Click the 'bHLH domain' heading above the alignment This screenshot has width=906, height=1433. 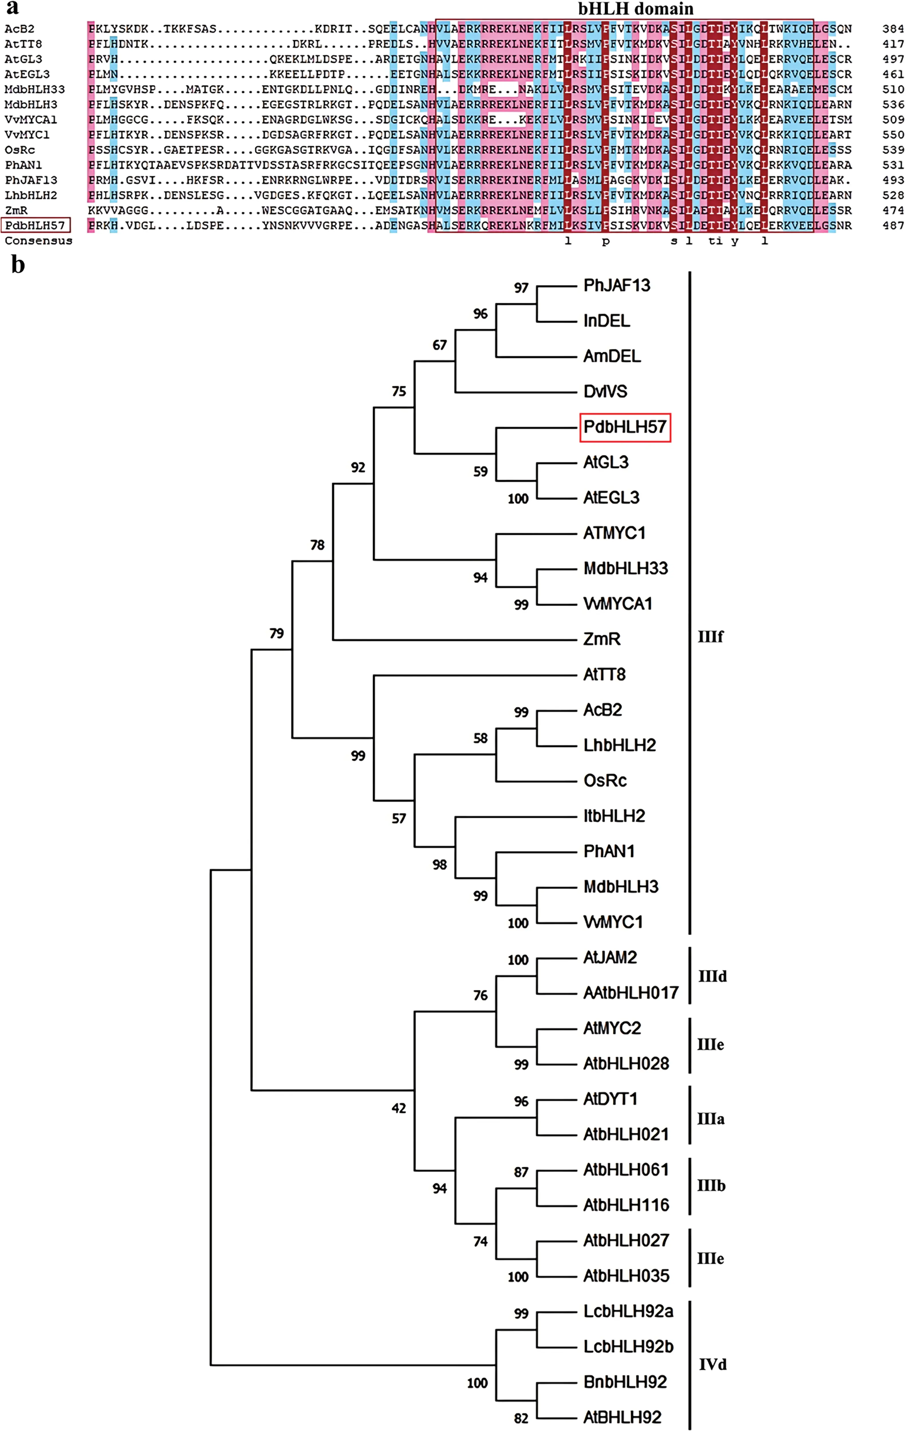pyautogui.click(x=635, y=9)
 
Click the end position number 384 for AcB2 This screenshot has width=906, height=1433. pyautogui.click(x=893, y=29)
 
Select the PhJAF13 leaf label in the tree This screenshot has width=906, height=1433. pyautogui.click(x=616, y=286)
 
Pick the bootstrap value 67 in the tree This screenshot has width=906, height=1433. pyautogui.click(x=439, y=345)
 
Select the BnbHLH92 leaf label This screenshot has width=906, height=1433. pyautogui.click(x=625, y=1382)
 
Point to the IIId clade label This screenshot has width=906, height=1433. pyautogui.click(x=712, y=976)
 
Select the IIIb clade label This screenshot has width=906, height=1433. pyautogui.click(x=711, y=1186)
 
